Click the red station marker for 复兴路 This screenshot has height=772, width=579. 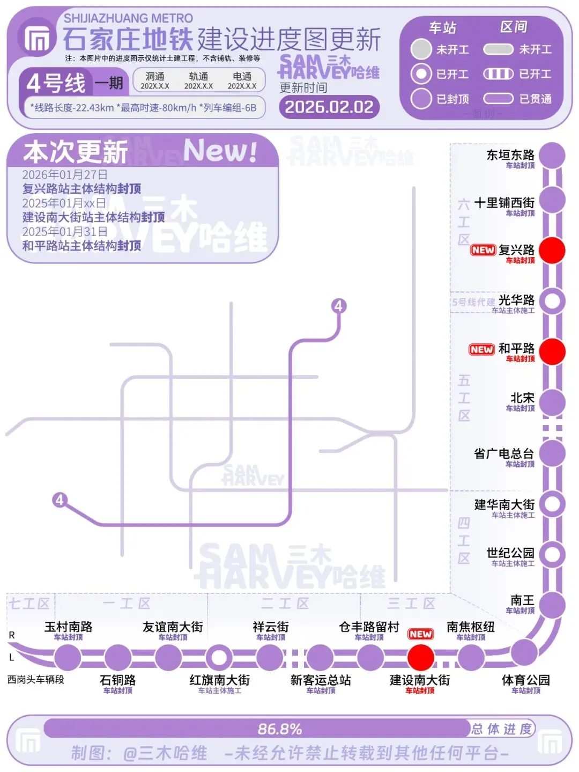pos(552,251)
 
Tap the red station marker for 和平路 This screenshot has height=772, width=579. pos(552,351)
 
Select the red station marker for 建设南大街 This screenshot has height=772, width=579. pos(420,657)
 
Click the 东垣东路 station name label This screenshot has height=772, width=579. pos(510,155)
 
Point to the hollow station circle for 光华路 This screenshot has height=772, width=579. pos(552,301)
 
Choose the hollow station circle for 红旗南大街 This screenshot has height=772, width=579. pos(219,657)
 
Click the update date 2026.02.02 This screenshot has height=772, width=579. pos(329,107)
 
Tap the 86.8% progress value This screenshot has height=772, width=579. pos(279,729)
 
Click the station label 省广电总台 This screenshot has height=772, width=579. pos(503,454)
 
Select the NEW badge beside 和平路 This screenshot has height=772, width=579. pos(481,350)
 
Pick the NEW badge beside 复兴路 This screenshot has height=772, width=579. pos(482,250)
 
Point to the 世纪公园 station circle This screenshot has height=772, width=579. pos(552,554)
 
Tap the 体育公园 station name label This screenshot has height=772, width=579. pos(525,680)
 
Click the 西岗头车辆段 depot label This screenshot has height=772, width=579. pos(35,679)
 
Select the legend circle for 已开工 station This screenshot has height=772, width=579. pos(421,74)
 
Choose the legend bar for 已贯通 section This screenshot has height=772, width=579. pos(498,99)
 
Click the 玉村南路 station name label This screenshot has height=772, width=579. pos(68,627)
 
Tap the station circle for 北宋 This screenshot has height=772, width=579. pos(552,403)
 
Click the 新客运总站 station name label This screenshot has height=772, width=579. pos(320,680)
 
